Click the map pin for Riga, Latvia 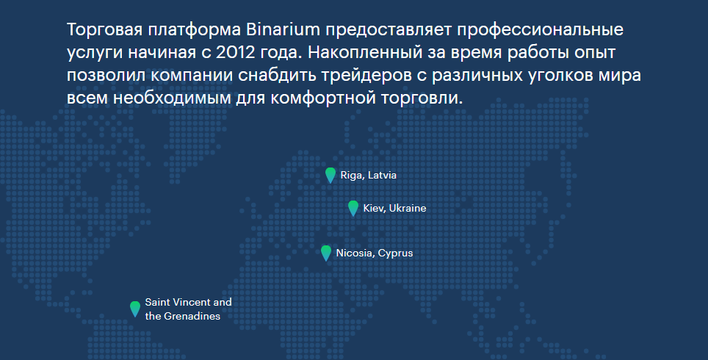click(330, 175)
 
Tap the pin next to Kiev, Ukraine click(353, 208)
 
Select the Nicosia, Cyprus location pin click(326, 253)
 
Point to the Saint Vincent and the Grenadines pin click(135, 309)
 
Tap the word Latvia click(382, 176)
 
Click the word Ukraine click(408, 208)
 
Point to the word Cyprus click(396, 253)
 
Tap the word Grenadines click(192, 316)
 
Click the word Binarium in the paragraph click(283, 30)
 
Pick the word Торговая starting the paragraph click(105, 30)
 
